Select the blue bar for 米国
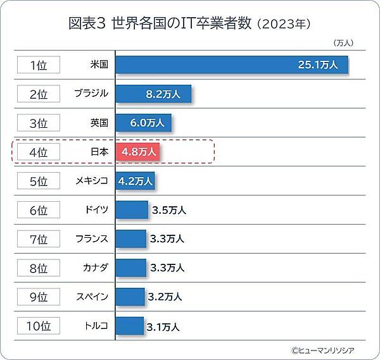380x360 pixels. (232, 65)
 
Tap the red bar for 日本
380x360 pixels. (137, 152)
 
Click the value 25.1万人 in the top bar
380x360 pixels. (319, 65)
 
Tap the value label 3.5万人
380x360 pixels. (168, 210)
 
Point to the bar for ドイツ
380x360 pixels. (131, 210)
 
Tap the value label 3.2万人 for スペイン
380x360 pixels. (165, 297)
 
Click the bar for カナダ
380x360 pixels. (130, 268)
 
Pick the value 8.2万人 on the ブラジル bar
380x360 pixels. (163, 94)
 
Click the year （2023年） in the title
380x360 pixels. (284, 25)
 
